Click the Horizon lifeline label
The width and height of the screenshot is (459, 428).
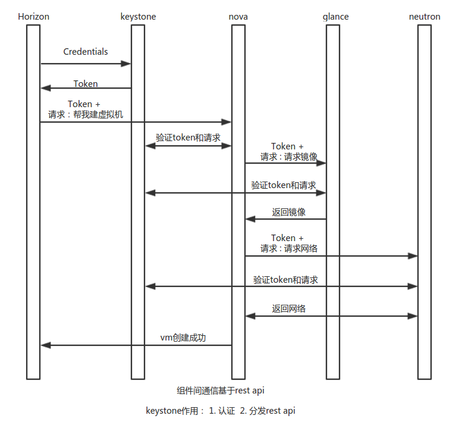pyautogui.click(x=33, y=17)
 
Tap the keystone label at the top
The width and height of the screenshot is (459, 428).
pyautogui.click(x=138, y=17)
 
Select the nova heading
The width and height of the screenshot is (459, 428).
pyautogui.click(x=238, y=17)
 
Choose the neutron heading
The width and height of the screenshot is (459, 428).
pyautogui.click(x=425, y=17)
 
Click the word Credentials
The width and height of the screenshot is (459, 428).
pyautogui.click(x=86, y=52)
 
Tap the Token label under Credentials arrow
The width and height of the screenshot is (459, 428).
pyautogui.click(x=86, y=83)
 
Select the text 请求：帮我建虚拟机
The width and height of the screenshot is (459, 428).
pyautogui.click(x=86, y=114)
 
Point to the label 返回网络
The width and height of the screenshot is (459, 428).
pyautogui.click(x=289, y=308)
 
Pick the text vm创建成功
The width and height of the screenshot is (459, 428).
pyautogui.click(x=183, y=338)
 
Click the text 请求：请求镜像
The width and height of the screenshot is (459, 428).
pyautogui.click(x=288, y=157)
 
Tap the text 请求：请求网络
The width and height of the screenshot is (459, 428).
pyautogui.click(x=288, y=248)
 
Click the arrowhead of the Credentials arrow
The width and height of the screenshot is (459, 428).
pyautogui.click(x=126, y=64)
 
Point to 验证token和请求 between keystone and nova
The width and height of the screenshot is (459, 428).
pyautogui.click(x=188, y=138)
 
